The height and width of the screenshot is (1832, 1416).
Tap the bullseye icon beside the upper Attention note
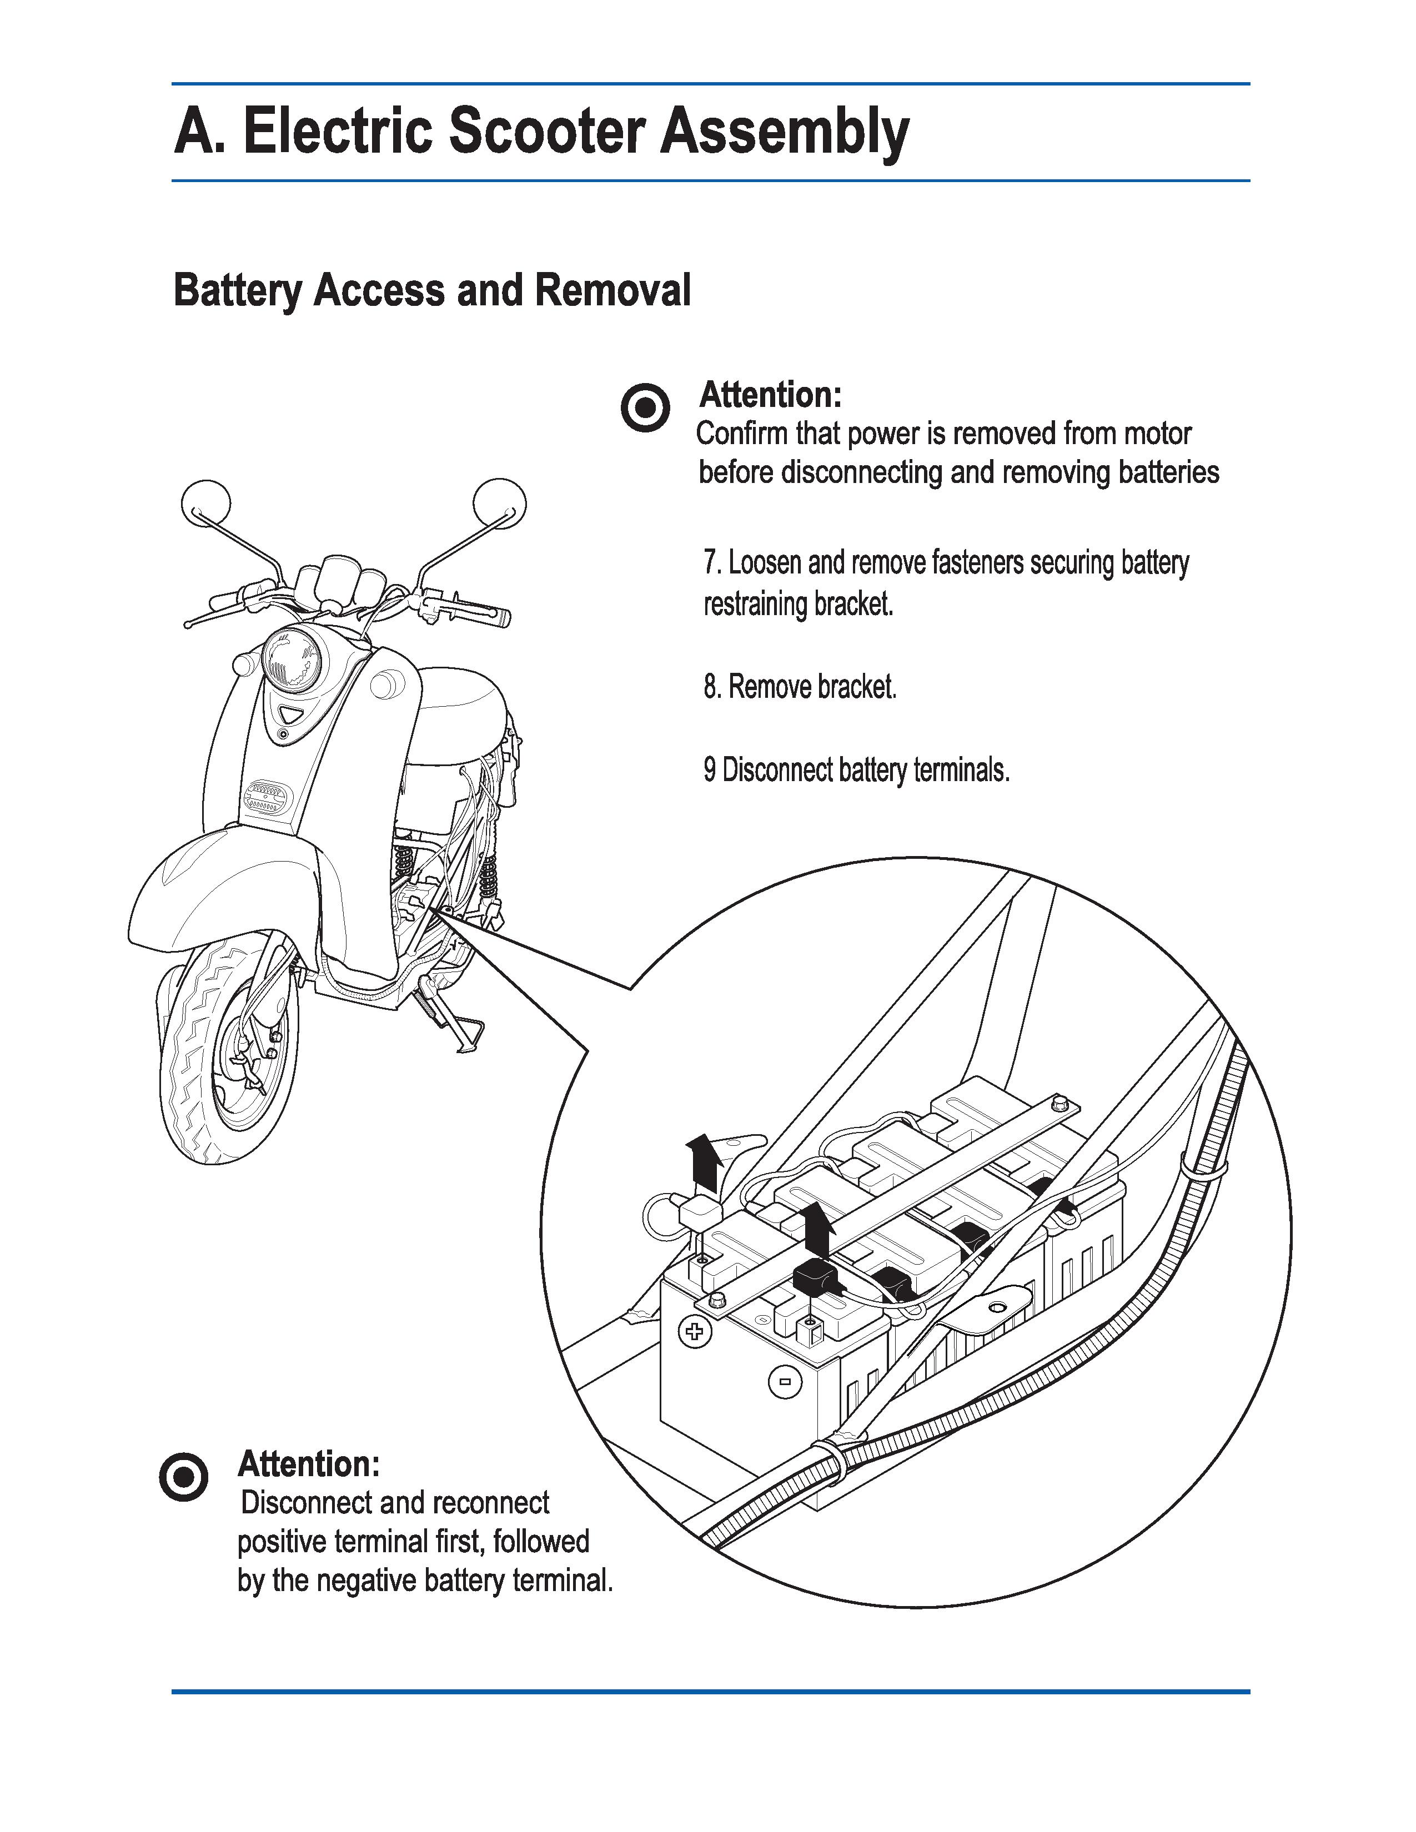pos(645,409)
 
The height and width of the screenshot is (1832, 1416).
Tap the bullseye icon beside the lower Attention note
pos(183,1476)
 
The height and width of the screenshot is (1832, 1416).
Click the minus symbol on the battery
pos(784,1382)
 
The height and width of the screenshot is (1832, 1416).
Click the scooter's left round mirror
pos(205,504)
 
